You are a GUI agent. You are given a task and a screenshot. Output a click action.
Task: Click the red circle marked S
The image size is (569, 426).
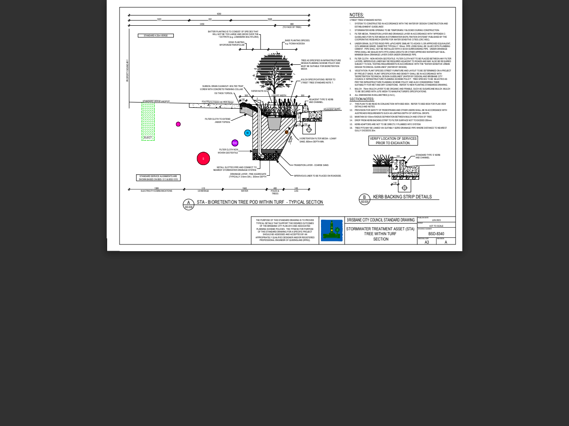coord(203,158)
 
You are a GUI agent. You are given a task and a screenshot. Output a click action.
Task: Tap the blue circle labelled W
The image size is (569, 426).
coord(248,133)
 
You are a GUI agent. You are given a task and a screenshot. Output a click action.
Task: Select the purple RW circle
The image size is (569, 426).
coord(235,143)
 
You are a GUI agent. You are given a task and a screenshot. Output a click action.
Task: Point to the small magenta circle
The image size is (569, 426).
coord(178,124)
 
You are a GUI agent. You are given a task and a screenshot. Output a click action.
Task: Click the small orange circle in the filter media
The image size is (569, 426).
coord(287,132)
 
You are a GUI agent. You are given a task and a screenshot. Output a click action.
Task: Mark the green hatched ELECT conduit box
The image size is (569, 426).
coord(148,122)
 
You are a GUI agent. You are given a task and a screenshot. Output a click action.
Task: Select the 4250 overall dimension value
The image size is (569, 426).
coord(219,14)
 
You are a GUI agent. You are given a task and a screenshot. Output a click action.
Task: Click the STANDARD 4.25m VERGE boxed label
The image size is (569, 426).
coord(156,35)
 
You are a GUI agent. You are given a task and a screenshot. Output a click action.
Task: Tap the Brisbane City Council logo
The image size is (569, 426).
coord(332,230)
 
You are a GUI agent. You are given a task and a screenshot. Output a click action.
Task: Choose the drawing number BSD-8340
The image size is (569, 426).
coord(436,234)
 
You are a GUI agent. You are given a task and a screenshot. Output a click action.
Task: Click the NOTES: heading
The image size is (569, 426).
coord(357,15)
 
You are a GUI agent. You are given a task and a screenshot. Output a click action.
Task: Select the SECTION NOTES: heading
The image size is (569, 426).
coord(362,99)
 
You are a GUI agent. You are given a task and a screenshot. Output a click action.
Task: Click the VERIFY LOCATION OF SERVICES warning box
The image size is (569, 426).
coord(393,141)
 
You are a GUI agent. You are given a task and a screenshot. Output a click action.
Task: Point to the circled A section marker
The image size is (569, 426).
coord(188,204)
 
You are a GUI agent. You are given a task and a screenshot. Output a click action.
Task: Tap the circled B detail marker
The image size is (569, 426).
coord(365,199)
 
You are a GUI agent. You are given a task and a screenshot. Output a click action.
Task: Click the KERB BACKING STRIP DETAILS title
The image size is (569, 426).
coord(402,197)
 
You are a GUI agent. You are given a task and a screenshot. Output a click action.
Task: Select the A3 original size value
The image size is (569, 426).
coord(427,242)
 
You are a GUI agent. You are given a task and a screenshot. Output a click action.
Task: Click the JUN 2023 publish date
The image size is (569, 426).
coord(436,220)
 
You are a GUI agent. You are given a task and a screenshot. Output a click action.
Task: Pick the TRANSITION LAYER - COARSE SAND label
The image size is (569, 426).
coord(311,165)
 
